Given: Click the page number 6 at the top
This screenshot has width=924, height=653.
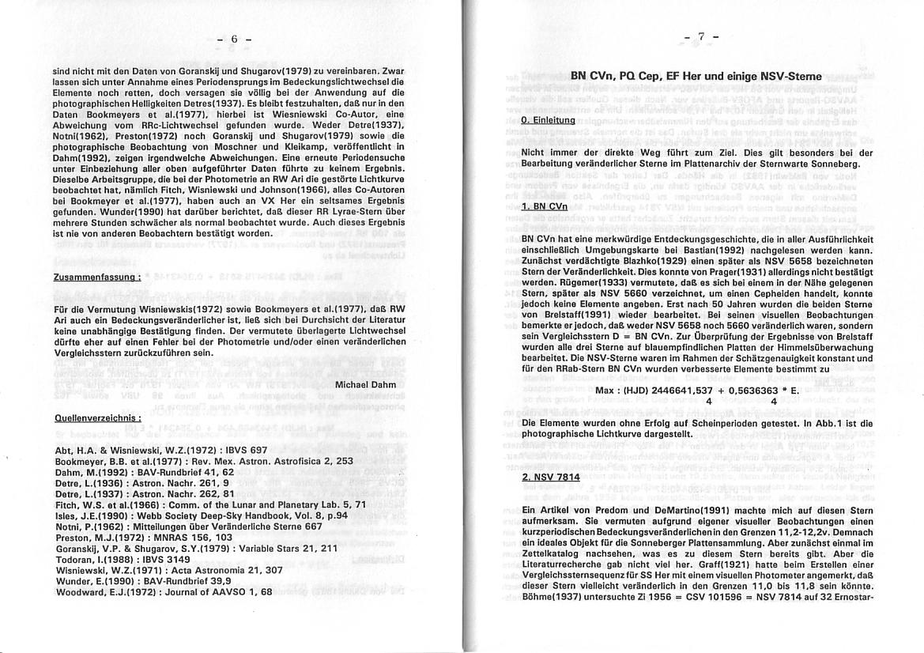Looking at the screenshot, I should [x=233, y=40].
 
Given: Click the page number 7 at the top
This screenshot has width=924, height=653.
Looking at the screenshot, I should [x=700, y=37].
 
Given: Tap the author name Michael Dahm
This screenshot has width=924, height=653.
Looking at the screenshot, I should [x=370, y=384].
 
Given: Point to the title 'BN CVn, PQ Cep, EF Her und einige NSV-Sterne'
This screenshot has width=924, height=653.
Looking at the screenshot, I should [x=696, y=77].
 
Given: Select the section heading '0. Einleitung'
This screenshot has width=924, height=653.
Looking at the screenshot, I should [x=548, y=119].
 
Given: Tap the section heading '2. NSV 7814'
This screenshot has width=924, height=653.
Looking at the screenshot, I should [x=551, y=477].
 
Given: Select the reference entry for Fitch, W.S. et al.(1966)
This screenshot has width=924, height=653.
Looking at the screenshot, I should [x=210, y=504].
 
